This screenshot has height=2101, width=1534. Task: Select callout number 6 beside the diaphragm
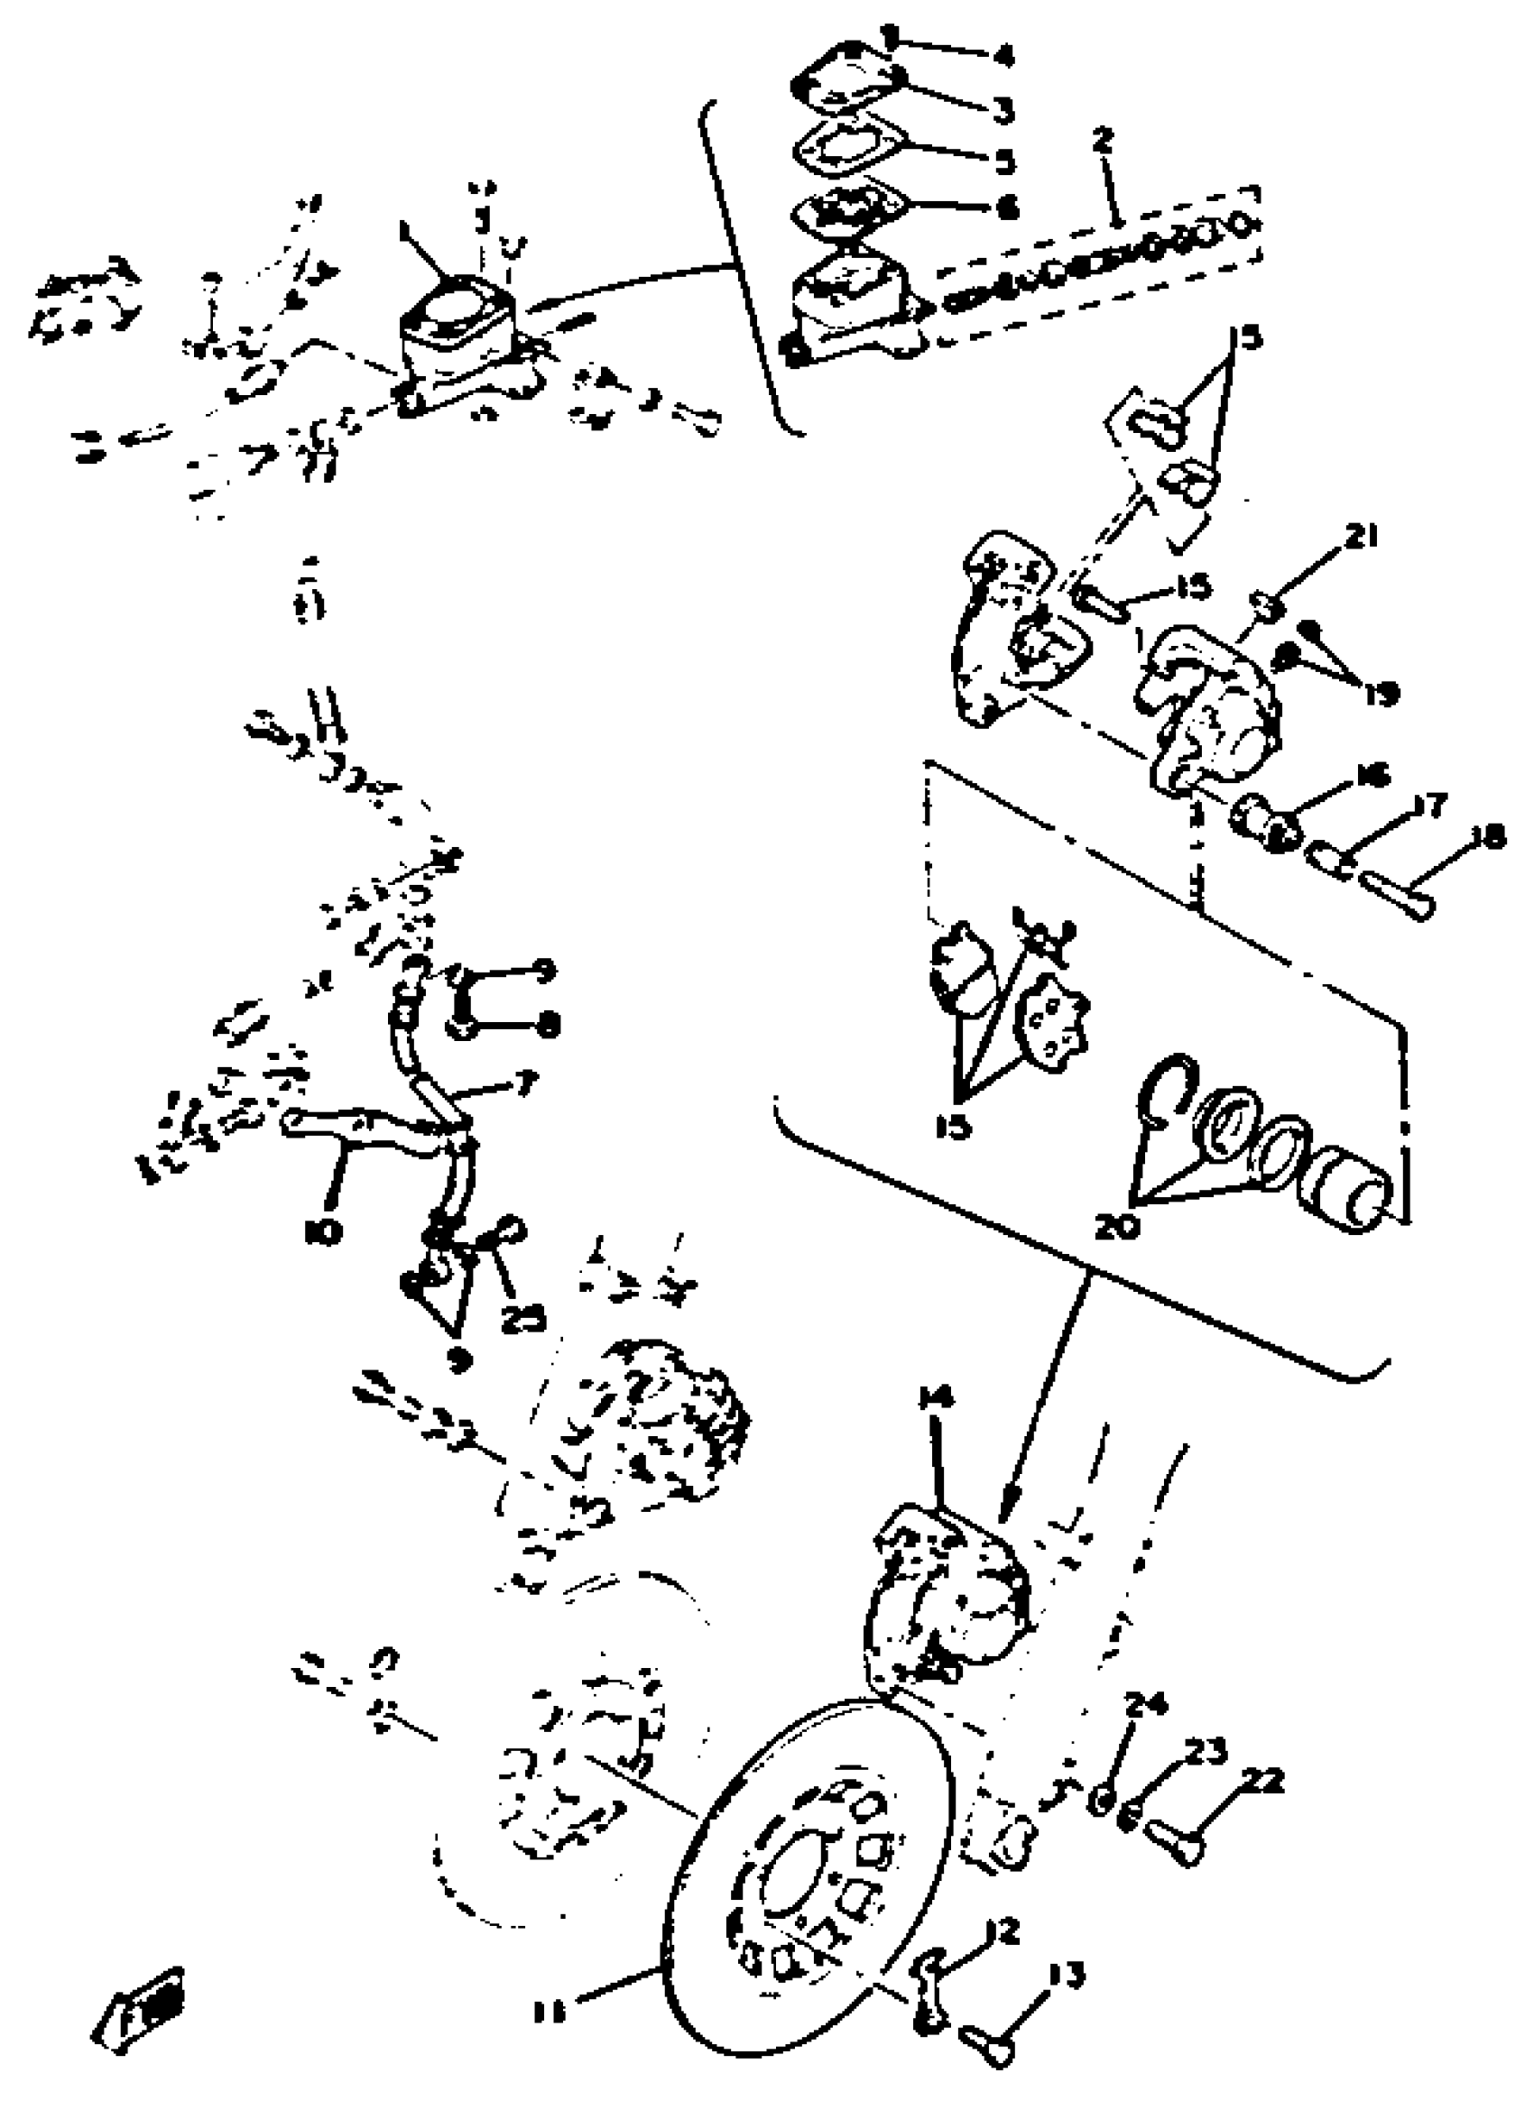1005,208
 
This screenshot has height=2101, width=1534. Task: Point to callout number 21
1363,538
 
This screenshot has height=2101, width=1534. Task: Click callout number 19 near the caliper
1381,692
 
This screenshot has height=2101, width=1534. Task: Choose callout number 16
1372,773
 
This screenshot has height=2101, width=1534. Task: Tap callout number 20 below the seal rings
1116,1227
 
